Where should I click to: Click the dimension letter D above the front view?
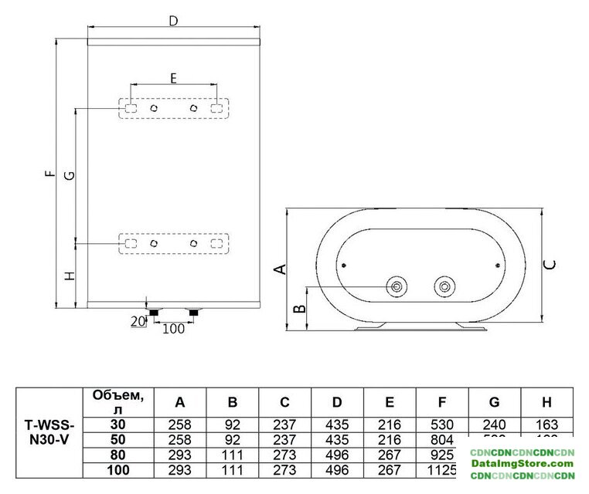174,21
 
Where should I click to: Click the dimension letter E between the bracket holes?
173,77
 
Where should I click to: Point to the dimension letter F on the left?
50,174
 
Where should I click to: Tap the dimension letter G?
70,176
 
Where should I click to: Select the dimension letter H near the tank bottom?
70,276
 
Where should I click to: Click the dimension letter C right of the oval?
550,264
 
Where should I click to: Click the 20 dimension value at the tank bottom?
138,321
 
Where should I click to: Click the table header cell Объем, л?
117,401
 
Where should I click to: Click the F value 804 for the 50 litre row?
442,438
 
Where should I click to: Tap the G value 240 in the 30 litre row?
495,424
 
